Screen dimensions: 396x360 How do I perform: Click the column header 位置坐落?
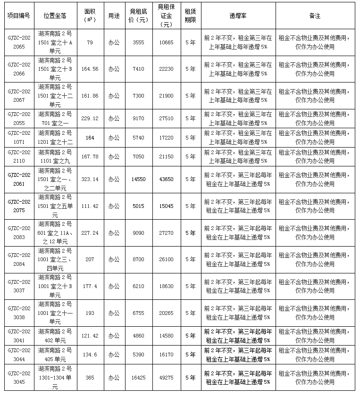(x=54, y=16)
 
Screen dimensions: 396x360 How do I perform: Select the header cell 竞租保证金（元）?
(x=167, y=16)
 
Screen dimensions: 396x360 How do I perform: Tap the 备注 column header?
(x=315, y=16)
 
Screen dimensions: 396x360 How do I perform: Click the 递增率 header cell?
(x=238, y=16)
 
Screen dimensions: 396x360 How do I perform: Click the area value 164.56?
(x=90, y=69)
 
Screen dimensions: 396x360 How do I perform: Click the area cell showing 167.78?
(x=90, y=157)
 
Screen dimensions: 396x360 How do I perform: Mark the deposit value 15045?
(x=167, y=206)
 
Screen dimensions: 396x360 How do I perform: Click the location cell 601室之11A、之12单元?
(x=54, y=233)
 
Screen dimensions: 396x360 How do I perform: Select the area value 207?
(x=90, y=259)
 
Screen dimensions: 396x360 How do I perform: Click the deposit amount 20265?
(x=167, y=313)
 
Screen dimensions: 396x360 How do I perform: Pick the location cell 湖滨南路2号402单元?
(x=54, y=336)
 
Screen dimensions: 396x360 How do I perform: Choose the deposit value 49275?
(x=167, y=378)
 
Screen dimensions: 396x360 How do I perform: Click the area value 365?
(x=90, y=378)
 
